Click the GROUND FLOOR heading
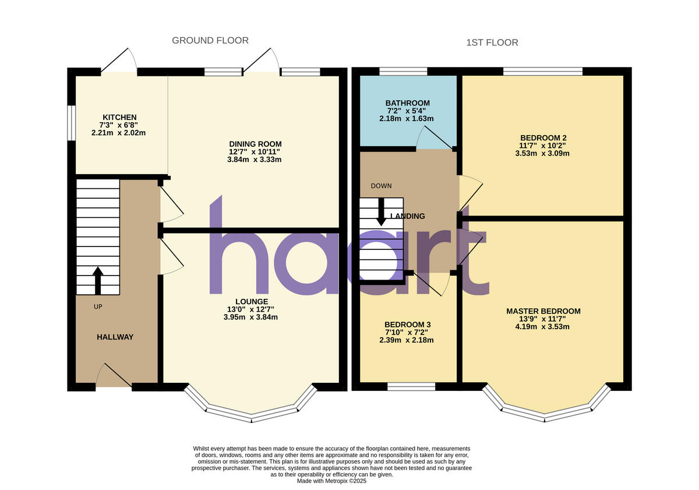pyautogui.click(x=210, y=40)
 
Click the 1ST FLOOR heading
pyautogui.click(x=492, y=43)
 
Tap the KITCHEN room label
pyautogui.click(x=119, y=117)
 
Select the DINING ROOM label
pyautogui.click(x=255, y=144)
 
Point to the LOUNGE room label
pyautogui.click(x=252, y=301)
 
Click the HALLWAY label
pyautogui.click(x=115, y=337)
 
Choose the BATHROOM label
pyautogui.click(x=407, y=103)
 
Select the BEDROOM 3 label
pyautogui.click(x=407, y=325)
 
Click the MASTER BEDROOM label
pyautogui.click(x=543, y=311)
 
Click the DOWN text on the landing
pyautogui.click(x=381, y=186)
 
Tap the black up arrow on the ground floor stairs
pyautogui.click(x=97, y=280)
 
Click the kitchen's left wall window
pyautogui.click(x=71, y=123)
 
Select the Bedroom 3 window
pyautogui.click(x=412, y=386)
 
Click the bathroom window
pyautogui.click(x=403, y=72)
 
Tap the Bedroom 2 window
pyautogui.click(x=543, y=72)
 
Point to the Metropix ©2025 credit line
pyautogui.click(x=333, y=481)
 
